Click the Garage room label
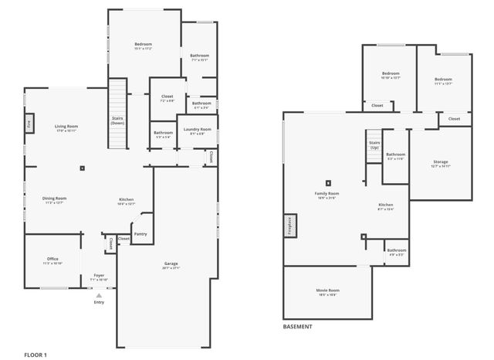click(x=171, y=264)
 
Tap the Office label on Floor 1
click(x=52, y=259)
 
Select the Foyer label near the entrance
click(x=99, y=275)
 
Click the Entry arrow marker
click(x=99, y=294)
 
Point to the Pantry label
click(x=140, y=234)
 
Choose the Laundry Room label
click(x=198, y=130)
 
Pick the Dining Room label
click(x=55, y=199)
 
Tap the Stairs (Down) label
click(x=117, y=120)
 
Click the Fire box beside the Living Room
click(x=29, y=122)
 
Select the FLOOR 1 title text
click(x=36, y=355)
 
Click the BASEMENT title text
click(x=298, y=327)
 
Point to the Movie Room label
click(x=328, y=290)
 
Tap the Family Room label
click(x=327, y=193)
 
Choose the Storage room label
click(x=440, y=161)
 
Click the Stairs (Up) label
click(x=374, y=144)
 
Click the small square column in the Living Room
click(x=82, y=168)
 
